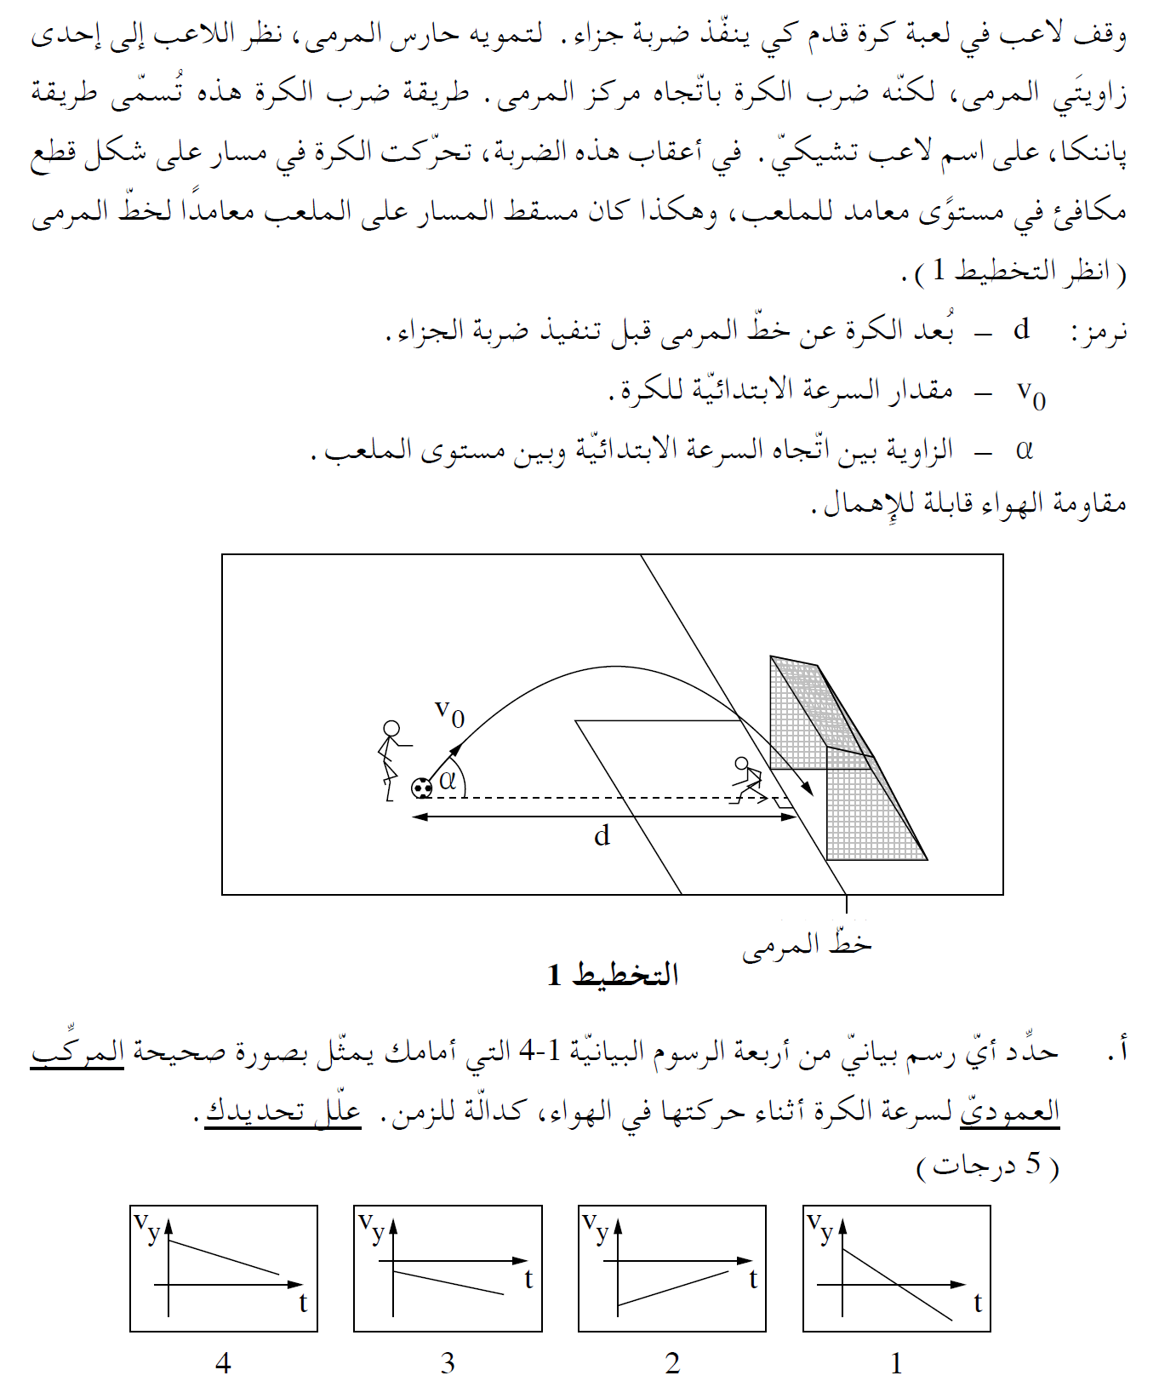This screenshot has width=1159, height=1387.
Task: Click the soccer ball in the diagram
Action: (x=422, y=788)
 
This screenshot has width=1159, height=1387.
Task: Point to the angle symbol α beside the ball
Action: (x=448, y=779)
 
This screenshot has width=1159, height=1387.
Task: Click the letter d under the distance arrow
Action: (x=602, y=836)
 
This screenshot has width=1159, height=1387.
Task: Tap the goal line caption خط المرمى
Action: (x=807, y=945)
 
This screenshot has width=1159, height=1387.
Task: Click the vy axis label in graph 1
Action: (x=821, y=1229)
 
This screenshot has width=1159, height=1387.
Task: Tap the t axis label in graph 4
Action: (x=303, y=1304)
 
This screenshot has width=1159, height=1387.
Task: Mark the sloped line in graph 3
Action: (x=448, y=1282)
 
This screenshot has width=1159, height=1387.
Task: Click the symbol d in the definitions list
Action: (x=1022, y=329)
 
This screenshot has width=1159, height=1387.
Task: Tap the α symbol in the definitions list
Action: (x=1024, y=449)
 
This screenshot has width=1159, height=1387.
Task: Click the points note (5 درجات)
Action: (x=988, y=1165)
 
